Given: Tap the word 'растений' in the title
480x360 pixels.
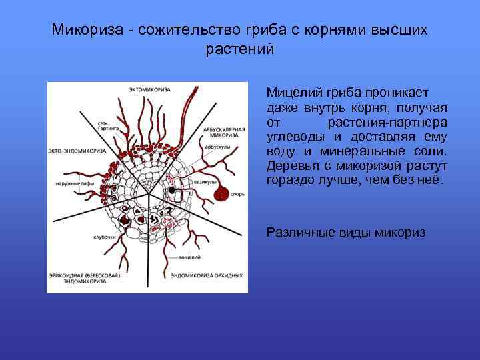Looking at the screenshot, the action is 240,50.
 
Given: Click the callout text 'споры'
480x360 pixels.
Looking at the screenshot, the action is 238,195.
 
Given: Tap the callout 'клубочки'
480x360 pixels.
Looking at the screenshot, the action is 104,237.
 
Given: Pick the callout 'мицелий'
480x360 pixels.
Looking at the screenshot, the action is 187,257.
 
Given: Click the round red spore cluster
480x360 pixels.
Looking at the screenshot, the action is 221,194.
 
